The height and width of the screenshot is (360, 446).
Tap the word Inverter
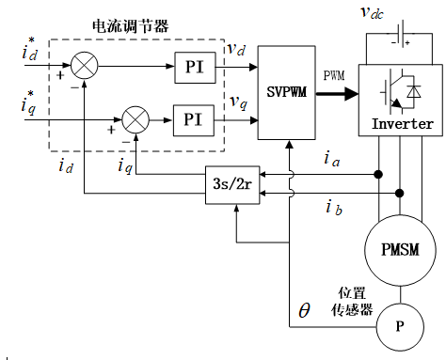coord(402,124)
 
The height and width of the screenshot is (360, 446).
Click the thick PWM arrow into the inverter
coord(337,93)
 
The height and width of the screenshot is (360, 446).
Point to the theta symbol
coord(304,310)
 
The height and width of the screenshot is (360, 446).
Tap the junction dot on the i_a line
coord(378,174)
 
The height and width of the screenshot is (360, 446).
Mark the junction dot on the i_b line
coord(399,194)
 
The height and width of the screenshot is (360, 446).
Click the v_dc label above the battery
coord(372,12)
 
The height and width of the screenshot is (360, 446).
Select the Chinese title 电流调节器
coord(131,26)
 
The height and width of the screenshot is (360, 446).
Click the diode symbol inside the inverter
coord(414,92)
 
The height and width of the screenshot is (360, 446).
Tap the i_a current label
coord(332,159)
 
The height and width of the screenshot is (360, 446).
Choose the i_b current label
coord(334,208)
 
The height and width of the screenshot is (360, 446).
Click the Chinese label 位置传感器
coord(352,302)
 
